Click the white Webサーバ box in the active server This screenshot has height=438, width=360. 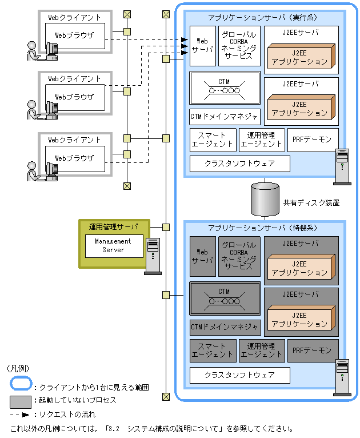click(x=202, y=45)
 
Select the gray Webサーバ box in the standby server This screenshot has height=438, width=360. click(x=202, y=256)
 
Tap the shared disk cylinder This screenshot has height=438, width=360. click(x=265, y=198)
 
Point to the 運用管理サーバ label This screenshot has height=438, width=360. click(x=113, y=226)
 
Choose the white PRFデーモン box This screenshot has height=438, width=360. click(x=313, y=140)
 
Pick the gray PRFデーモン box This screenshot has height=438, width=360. click(x=313, y=351)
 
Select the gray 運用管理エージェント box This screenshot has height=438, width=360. click(x=262, y=351)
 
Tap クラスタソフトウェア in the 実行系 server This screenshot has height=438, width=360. click(x=239, y=164)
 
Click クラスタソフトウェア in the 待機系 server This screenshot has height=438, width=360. click(x=239, y=375)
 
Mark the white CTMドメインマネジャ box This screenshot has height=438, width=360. click(x=225, y=117)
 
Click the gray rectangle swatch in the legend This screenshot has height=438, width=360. click(x=20, y=400)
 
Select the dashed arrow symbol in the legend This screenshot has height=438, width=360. click(x=20, y=414)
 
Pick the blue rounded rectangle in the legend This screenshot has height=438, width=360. click(x=20, y=387)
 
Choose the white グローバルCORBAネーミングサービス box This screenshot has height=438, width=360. click(x=239, y=45)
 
